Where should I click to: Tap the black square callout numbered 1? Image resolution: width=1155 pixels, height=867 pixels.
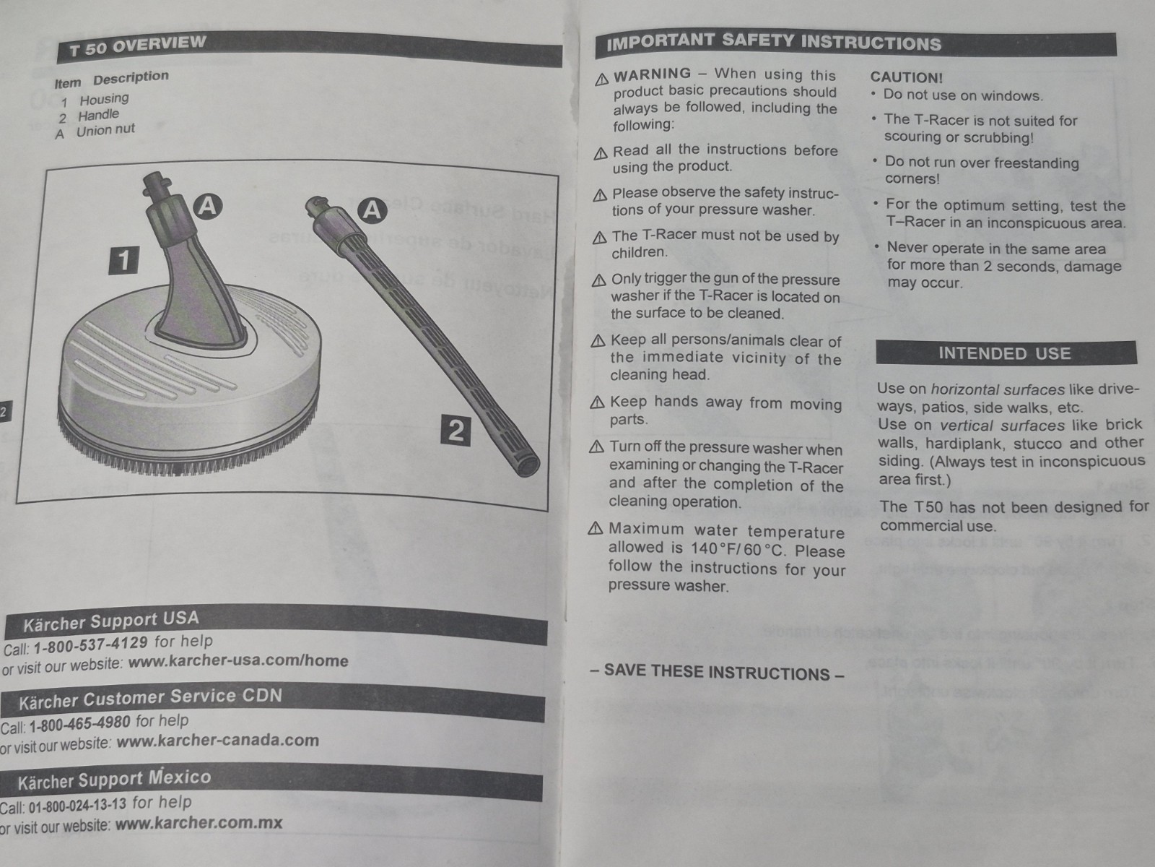pyautogui.click(x=123, y=260)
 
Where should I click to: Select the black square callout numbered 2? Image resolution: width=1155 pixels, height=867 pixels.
pyautogui.click(x=456, y=430)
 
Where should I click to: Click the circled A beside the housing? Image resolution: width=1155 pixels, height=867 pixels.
pyautogui.click(x=209, y=206)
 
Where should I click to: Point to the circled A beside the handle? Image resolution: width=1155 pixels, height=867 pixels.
pyautogui.click(x=372, y=210)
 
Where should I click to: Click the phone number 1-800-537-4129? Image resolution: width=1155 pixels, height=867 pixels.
pyautogui.click(x=90, y=645)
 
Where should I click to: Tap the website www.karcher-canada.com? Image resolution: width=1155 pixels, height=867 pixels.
pyautogui.click(x=218, y=741)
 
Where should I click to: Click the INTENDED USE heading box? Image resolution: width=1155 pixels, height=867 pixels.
pyautogui.click(x=1006, y=353)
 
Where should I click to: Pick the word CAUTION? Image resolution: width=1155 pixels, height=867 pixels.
pyautogui.click(x=906, y=77)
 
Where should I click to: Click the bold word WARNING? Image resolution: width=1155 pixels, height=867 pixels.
pyautogui.click(x=652, y=74)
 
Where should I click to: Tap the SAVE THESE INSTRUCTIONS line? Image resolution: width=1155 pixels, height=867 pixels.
pyautogui.click(x=718, y=672)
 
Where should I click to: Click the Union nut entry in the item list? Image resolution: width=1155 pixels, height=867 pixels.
pyautogui.click(x=106, y=130)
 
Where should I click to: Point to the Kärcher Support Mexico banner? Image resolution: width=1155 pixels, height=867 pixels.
pyautogui.click(x=271, y=781)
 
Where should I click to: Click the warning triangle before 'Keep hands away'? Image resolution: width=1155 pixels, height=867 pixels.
pyautogui.click(x=597, y=402)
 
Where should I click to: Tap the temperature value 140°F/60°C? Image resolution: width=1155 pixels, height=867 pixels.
pyautogui.click(x=738, y=550)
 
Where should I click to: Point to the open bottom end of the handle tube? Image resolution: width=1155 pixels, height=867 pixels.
pyautogui.click(x=526, y=465)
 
